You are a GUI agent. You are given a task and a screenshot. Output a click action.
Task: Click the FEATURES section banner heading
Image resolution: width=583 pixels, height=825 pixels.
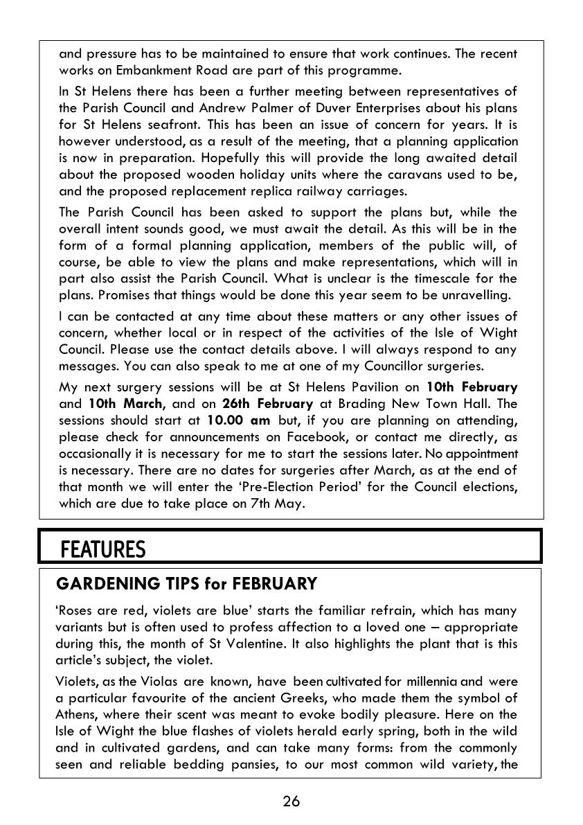[x=103, y=550]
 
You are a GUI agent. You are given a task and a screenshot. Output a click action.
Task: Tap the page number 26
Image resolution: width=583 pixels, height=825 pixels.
[x=291, y=801]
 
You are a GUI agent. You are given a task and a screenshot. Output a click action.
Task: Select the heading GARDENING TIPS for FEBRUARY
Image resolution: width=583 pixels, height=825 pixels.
[x=186, y=584]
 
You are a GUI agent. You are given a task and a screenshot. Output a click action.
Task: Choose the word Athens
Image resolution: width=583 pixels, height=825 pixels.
[x=75, y=714]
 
